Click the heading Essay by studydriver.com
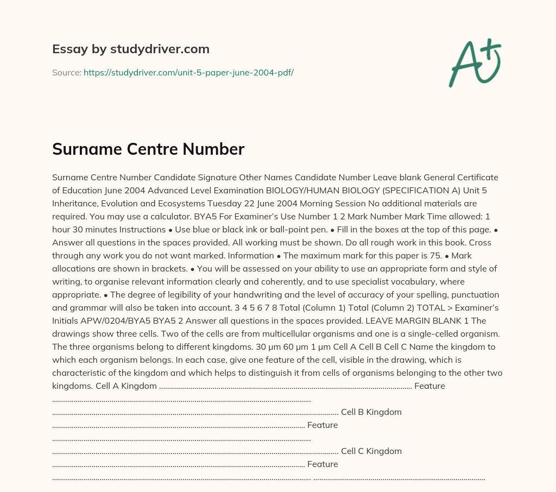click(x=130, y=49)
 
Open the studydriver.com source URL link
click(x=188, y=72)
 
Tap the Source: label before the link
click(x=66, y=72)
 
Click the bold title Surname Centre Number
click(x=148, y=149)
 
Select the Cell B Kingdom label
click(x=371, y=412)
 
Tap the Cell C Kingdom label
click(x=371, y=451)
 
